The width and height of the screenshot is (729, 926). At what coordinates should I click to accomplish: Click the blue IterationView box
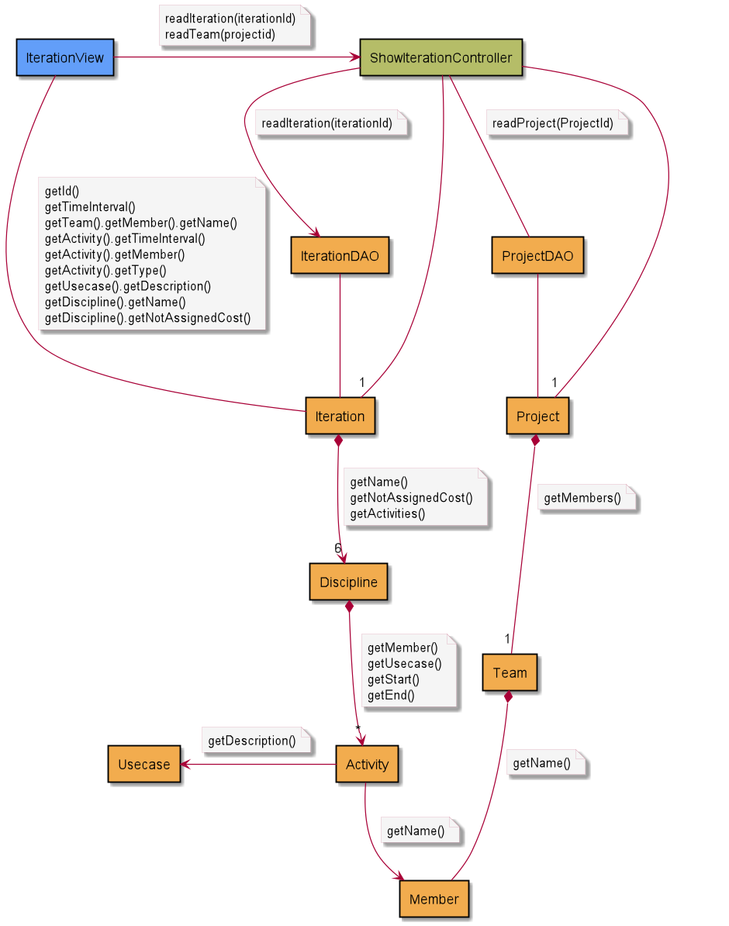tap(65, 58)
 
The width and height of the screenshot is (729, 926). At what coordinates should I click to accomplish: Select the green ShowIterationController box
tap(441, 58)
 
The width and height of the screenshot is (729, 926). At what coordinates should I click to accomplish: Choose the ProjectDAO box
tap(537, 256)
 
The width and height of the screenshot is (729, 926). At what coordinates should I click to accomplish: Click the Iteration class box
tap(340, 416)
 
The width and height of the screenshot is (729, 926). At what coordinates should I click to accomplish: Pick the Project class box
tap(537, 416)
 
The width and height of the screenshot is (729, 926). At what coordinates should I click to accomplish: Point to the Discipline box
tap(348, 582)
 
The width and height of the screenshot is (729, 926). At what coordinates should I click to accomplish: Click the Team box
tap(510, 672)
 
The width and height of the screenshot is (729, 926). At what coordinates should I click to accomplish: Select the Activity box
tap(367, 765)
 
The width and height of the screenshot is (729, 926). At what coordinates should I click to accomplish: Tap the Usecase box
tap(143, 765)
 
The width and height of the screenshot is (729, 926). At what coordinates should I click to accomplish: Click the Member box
tap(434, 900)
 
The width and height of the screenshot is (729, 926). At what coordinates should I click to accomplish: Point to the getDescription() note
tap(251, 741)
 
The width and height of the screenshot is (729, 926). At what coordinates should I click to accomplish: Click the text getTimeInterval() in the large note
tap(90, 206)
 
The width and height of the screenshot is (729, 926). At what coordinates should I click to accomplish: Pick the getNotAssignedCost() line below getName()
tap(411, 498)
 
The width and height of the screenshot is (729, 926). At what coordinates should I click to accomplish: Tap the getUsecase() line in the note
tap(404, 663)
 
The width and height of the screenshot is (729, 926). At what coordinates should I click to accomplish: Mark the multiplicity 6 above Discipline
tap(337, 548)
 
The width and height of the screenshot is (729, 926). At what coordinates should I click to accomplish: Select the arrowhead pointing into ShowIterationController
tap(354, 58)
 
